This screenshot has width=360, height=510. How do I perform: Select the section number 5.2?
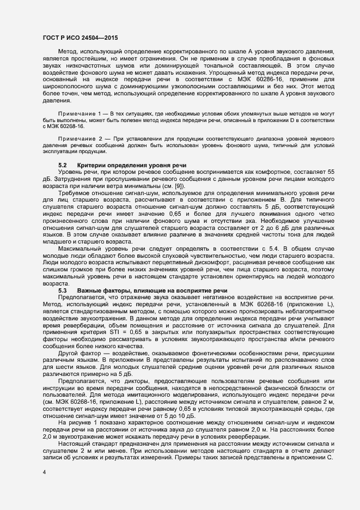tap(63, 165)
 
